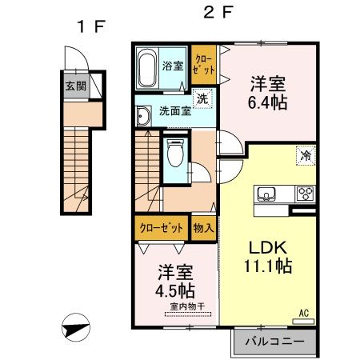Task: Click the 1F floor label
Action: click(90, 26)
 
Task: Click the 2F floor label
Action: click(214, 14)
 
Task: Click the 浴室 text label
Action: click(173, 66)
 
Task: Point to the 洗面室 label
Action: click(174, 112)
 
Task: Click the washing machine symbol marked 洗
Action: click(203, 100)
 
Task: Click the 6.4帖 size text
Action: click(267, 102)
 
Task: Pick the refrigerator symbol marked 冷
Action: click(306, 157)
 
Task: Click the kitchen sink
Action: click(267, 194)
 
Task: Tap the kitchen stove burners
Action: click(306, 194)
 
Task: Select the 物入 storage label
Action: click(203, 227)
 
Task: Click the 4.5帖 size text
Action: click(174, 289)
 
